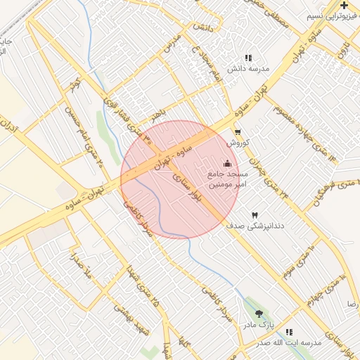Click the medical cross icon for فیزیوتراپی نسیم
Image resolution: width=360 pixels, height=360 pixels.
pyautogui.click(x=344, y=6)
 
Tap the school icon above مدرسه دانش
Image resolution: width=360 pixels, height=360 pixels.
pyautogui.click(x=247, y=58)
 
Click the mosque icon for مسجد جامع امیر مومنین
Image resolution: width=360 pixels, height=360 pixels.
pyautogui.click(x=226, y=163)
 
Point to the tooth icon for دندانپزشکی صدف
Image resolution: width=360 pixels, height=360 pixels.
pyautogui.click(x=255, y=214)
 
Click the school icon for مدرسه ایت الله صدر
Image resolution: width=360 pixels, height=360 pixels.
pyautogui.click(x=289, y=332)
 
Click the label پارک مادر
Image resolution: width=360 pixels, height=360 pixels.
pyautogui.click(x=258, y=326)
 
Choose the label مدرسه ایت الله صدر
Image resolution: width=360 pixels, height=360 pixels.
pyautogui.click(x=288, y=343)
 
